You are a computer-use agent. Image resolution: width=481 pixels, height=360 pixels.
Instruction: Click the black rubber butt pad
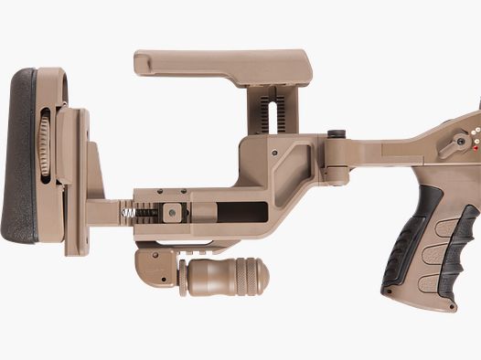pos(20,155)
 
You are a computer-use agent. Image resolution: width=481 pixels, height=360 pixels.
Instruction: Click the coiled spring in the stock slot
pos(130,212)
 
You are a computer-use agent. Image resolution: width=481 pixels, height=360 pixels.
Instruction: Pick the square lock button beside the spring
pos(170,212)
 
